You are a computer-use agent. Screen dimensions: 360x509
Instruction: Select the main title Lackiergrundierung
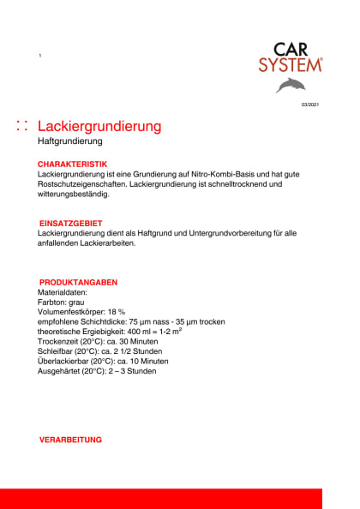pos(100,126)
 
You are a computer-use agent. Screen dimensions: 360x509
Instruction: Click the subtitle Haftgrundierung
pos(70,141)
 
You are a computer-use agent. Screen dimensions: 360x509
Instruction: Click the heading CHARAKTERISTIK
pos(72,163)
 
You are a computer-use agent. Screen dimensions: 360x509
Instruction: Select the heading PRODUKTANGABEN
pos(78,282)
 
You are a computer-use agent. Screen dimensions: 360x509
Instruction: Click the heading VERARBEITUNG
pos(70,440)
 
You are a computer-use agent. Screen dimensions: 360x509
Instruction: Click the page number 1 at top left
pos(39,56)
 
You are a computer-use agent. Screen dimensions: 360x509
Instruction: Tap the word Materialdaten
pos(63,292)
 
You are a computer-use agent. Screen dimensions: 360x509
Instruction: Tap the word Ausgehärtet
pos(61,371)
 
